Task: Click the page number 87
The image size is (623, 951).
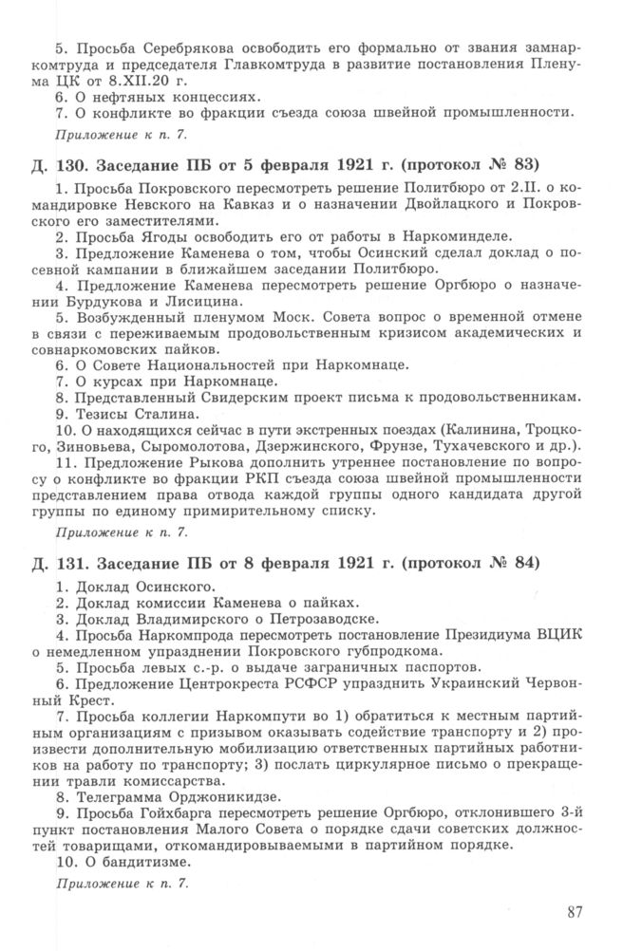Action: pos(573,913)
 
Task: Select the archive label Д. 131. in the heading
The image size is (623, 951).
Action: pos(58,563)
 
